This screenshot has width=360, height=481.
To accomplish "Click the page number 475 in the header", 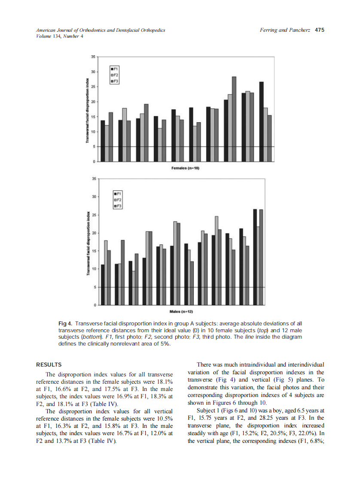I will (319, 30).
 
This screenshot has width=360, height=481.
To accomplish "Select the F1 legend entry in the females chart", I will (115, 69).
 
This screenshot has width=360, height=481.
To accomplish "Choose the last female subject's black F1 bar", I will (262, 122).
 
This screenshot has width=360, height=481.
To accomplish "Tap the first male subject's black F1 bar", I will (102, 285).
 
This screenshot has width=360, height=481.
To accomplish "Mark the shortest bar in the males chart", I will (134, 288).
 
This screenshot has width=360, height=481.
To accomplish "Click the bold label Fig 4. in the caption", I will (65, 322).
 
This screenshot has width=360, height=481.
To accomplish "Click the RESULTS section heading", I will (49, 365).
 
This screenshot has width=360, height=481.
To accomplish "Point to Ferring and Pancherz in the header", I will (286, 30).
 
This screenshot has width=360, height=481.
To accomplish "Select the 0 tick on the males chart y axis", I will (94, 305).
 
